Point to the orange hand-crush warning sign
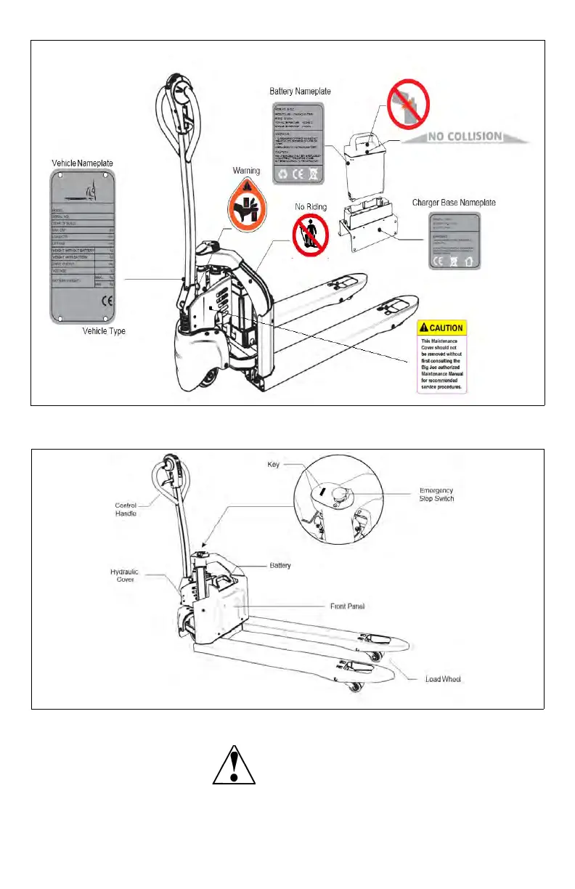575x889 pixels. coord(246,201)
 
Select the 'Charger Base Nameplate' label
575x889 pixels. coord(454,202)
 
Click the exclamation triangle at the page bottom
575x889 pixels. coord(234,763)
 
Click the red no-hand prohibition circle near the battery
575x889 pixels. coord(407,101)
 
